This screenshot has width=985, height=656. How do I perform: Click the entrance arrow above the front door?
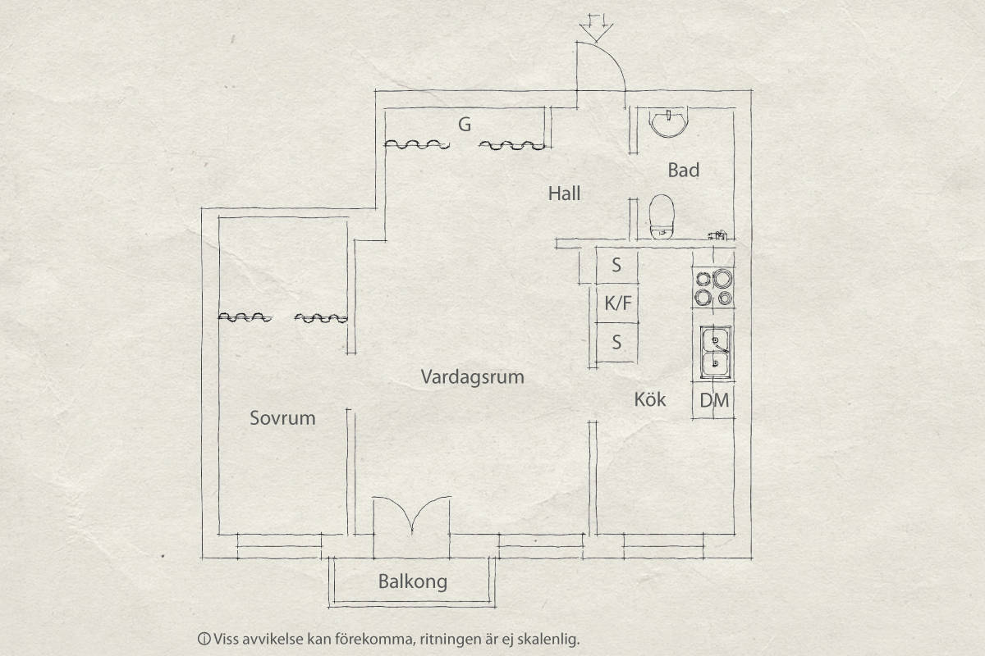596,28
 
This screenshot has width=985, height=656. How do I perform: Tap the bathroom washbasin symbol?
668,124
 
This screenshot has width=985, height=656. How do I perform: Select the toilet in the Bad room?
662,217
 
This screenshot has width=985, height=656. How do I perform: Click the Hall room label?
564,194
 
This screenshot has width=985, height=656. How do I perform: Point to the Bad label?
683,170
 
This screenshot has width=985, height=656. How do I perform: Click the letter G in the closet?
465,125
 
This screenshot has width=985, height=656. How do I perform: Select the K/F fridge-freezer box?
617,303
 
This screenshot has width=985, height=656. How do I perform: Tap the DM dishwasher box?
713,400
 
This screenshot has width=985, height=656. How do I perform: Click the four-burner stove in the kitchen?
713,288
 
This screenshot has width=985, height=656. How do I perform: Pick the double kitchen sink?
716,353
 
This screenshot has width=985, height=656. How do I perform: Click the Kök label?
650,399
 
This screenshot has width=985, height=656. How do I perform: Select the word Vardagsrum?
472,377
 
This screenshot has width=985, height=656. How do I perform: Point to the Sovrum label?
282,418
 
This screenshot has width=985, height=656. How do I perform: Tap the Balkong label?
412,581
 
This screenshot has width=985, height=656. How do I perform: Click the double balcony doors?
411,514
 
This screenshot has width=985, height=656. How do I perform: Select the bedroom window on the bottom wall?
279,546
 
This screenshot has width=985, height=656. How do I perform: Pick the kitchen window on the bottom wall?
663,546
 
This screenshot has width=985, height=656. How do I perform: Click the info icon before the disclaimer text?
204,639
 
